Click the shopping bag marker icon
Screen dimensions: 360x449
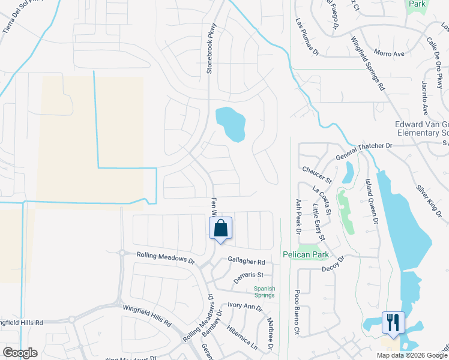(x=220, y=229)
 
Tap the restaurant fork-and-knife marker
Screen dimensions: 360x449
(x=393, y=323)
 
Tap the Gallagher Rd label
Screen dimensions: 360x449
(x=246, y=262)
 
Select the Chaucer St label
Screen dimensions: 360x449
(x=317, y=175)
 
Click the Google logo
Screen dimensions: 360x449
(x=20, y=353)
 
